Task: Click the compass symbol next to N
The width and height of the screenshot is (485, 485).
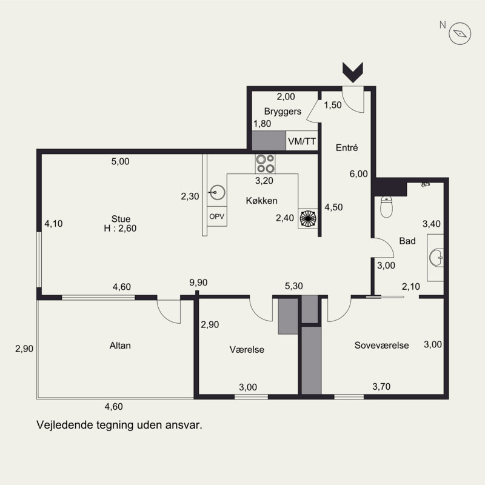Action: click(x=460, y=33)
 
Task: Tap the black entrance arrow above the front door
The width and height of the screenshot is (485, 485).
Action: click(x=353, y=72)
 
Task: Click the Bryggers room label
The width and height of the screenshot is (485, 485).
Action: click(x=283, y=112)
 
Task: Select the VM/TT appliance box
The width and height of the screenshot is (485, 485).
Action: click(x=302, y=141)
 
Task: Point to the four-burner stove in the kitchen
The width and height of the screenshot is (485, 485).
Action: click(x=266, y=164)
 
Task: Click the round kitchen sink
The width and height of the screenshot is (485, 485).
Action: click(x=217, y=192)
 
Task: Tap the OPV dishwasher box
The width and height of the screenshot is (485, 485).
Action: click(x=216, y=216)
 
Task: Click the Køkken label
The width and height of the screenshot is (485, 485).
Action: click(x=262, y=201)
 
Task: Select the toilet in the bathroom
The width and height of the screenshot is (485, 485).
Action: click(x=386, y=207)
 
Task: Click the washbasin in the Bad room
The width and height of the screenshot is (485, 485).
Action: click(x=436, y=258)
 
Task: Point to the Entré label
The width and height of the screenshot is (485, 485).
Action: click(x=347, y=147)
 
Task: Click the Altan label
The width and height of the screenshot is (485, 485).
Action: click(x=120, y=346)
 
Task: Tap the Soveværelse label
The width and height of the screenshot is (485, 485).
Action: click(x=382, y=345)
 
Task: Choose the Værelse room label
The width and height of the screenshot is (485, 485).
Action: click(x=247, y=350)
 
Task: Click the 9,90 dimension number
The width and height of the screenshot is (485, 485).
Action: click(x=199, y=283)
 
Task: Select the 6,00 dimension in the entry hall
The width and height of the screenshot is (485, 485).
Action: click(x=359, y=174)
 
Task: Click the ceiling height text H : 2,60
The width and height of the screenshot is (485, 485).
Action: click(x=120, y=229)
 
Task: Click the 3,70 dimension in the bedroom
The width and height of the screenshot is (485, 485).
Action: click(x=381, y=386)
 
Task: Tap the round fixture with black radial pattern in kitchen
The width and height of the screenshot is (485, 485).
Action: click(x=308, y=218)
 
